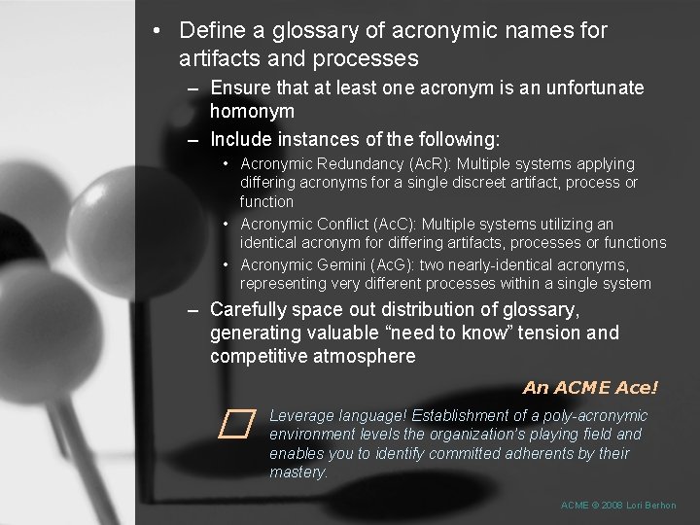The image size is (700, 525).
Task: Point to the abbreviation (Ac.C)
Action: [393, 224]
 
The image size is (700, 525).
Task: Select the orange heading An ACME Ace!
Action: [590, 388]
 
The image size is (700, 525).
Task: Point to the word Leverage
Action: [302, 416]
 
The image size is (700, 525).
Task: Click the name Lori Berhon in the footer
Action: [651, 506]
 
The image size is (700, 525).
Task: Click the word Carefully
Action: [249, 310]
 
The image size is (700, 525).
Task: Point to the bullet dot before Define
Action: [157, 30]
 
